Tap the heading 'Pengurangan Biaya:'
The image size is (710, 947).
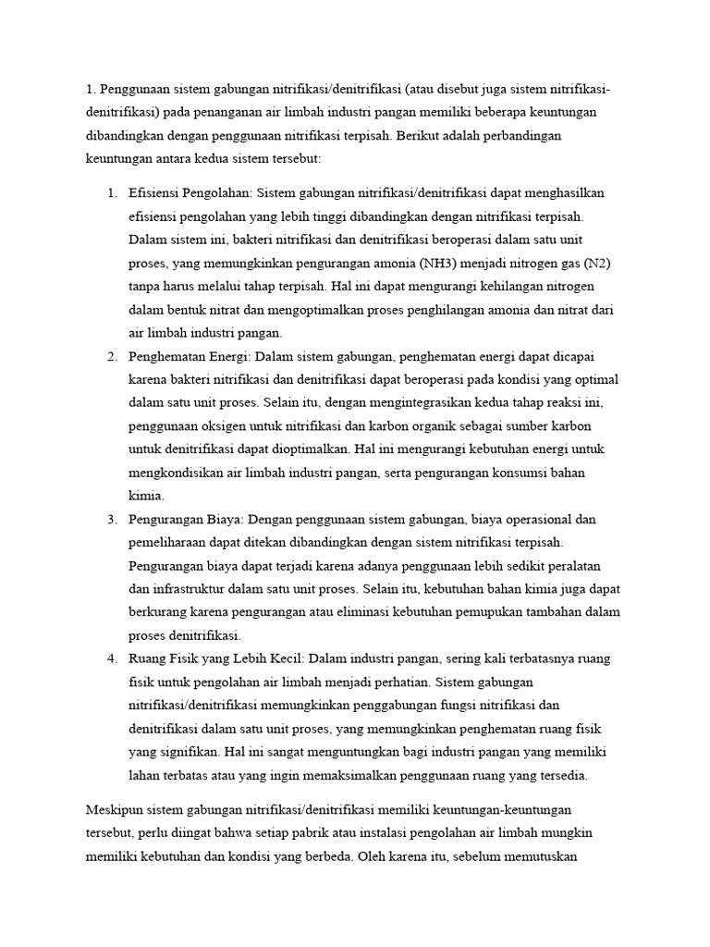[x=187, y=518]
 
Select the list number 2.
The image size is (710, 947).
[x=111, y=357]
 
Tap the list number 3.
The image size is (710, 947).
[x=111, y=518]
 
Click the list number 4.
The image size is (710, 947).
[x=111, y=658]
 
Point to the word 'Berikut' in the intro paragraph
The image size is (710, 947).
[x=422, y=135]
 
